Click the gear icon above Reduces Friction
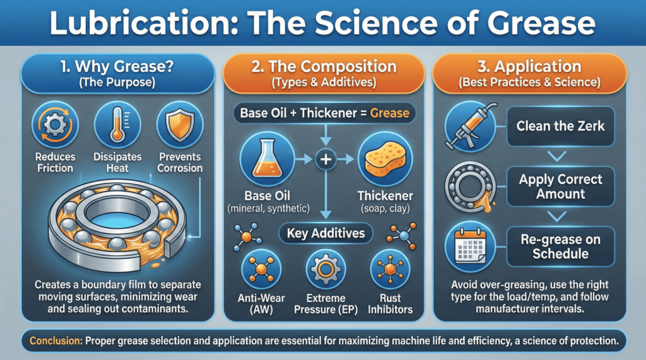click(56, 124)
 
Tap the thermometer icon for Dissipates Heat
click(117, 124)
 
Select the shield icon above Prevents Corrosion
click(180, 124)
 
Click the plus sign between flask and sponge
click(326, 159)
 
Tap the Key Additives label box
click(326, 233)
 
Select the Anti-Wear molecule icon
click(261, 270)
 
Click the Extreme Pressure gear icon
click(326, 270)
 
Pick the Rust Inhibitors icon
click(390, 270)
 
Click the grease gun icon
click(471, 126)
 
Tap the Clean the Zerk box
click(560, 126)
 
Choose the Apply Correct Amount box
click(560, 187)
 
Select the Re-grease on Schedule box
click(560, 247)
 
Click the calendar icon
click(471, 247)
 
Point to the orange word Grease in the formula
click(390, 113)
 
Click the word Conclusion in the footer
click(56, 341)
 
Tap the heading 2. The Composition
click(324, 67)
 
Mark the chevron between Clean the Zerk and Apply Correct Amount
click(557, 156)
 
